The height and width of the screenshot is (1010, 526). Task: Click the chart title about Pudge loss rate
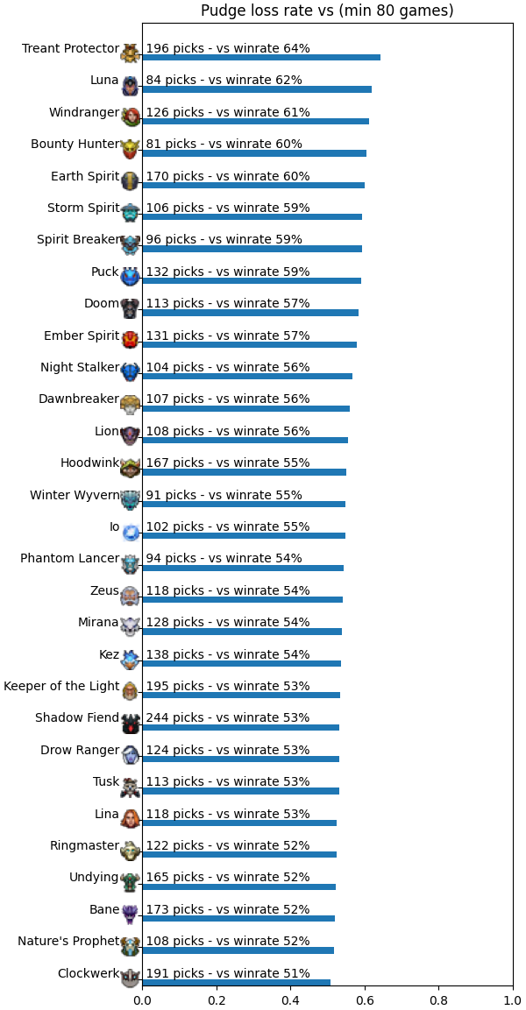coord(327,11)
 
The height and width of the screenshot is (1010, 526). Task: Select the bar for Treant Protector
coord(261,57)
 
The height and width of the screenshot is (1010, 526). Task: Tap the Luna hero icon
coord(131,84)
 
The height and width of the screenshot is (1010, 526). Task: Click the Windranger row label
coord(84,113)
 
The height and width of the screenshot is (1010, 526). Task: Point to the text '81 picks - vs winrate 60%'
coord(224,145)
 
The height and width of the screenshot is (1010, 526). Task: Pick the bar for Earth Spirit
coord(253,185)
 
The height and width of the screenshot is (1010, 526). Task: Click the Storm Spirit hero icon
coord(131,212)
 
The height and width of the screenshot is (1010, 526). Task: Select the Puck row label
coord(105,272)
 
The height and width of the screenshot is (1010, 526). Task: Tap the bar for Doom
coord(250,313)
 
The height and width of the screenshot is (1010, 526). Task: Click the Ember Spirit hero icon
coord(131,340)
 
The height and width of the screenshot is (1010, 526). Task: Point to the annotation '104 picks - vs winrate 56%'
coord(228,367)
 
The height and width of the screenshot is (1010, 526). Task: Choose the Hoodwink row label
coord(90,463)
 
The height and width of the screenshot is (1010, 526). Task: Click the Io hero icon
coord(131,532)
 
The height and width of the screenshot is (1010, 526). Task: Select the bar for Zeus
coord(242,600)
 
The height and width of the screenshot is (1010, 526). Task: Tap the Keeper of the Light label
coord(62,686)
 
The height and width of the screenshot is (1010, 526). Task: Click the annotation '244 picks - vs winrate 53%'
coord(228,717)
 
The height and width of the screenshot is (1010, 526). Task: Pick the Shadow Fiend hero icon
coord(131,723)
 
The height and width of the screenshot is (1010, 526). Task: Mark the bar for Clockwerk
coord(236,982)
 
